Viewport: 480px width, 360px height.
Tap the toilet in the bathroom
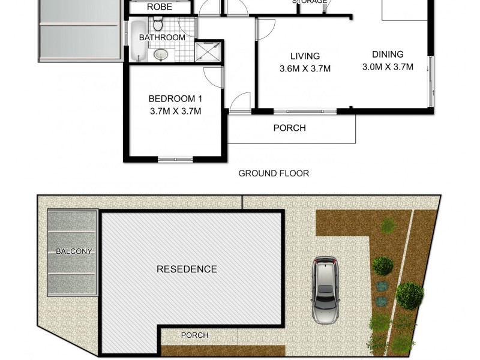tap(158, 25)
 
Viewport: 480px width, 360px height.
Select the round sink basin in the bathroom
tap(160, 55)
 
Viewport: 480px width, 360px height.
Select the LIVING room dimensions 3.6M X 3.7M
tap(305, 68)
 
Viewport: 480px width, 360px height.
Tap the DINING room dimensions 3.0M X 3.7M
tap(388, 67)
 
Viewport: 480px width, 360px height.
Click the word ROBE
tap(160, 7)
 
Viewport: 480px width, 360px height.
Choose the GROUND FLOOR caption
tap(274, 173)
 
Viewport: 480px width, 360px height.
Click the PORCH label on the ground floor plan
tap(289, 128)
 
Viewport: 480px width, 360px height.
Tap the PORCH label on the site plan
tap(194, 335)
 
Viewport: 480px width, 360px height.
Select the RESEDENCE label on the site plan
tap(187, 269)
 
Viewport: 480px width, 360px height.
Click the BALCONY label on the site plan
tap(74, 251)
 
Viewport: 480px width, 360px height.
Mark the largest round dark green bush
tap(410, 295)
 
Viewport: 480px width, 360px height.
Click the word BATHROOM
tap(162, 37)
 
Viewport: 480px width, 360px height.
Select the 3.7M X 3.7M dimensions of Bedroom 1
tap(175, 111)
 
